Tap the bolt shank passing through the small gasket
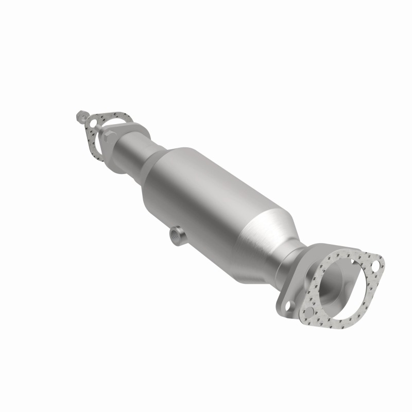[85, 119]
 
